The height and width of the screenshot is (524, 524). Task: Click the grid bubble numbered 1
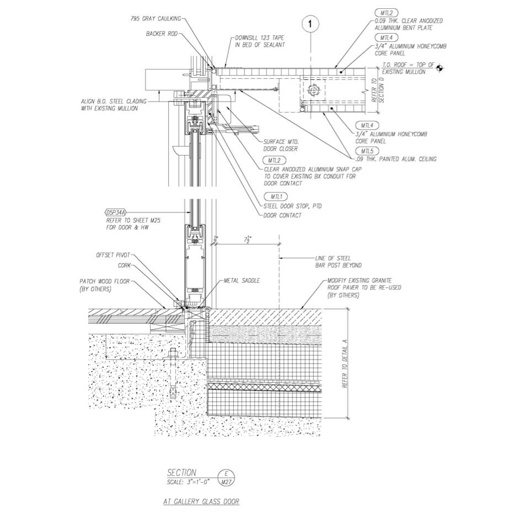click(311, 24)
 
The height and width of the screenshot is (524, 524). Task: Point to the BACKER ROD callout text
click(162, 34)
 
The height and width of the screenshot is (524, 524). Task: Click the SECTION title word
click(181, 473)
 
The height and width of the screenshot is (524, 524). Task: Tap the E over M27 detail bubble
click(226, 477)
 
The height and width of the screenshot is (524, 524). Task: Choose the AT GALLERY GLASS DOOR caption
click(201, 501)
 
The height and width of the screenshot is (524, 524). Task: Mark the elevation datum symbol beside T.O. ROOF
click(440, 68)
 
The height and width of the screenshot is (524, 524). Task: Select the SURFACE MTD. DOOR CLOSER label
click(281, 145)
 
